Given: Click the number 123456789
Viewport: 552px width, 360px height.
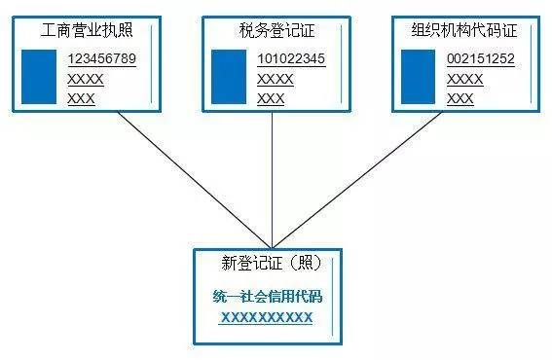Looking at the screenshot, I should pos(101,59).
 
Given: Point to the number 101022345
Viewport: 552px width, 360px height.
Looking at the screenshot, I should pos(291,59).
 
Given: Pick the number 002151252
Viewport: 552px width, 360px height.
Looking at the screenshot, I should pos(481,59).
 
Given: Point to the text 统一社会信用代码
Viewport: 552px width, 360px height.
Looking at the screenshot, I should pos(266,297).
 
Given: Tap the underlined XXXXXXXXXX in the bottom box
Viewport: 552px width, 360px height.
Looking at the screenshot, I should pos(266,317).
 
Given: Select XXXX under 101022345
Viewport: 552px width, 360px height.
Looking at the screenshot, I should pos(275,79).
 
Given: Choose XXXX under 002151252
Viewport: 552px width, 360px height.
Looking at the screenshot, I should pos(464,79).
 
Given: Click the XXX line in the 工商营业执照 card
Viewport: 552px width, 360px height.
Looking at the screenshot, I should pos(81,98).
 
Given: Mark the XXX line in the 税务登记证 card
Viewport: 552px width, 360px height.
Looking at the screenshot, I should pos(271,98).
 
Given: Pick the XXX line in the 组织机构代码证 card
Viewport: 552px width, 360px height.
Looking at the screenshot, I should pos(460,98).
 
